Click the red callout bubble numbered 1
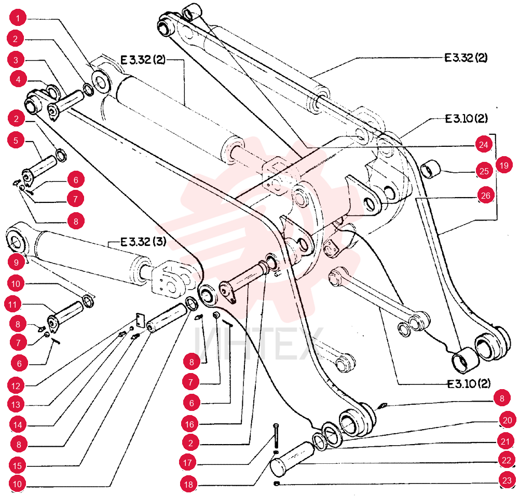point(18,18)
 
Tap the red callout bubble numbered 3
point(16,60)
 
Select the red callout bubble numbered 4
point(18,79)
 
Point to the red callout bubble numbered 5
point(16,140)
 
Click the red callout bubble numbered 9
point(16,263)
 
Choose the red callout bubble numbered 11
point(12,305)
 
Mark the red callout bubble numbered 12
point(16,386)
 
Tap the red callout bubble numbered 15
point(17,466)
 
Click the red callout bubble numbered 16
point(189,424)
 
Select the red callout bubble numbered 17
point(188,463)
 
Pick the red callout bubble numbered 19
point(504,165)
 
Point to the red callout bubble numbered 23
point(507,480)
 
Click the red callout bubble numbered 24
point(484,145)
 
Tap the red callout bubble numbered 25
point(484,171)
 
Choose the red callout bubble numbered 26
point(486,196)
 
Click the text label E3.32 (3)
point(143,242)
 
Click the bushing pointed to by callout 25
point(431,169)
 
